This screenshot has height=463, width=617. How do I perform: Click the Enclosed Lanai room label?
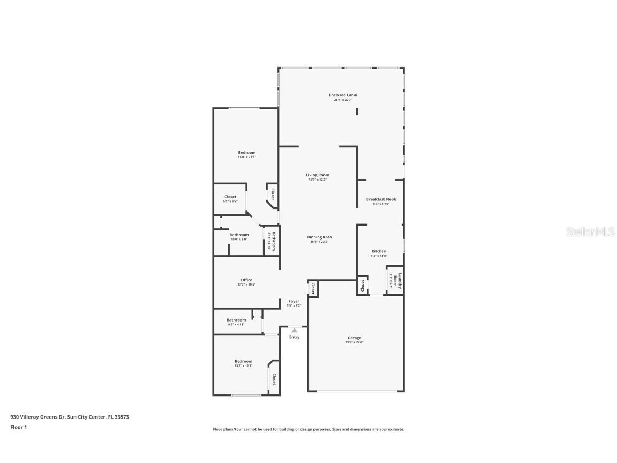tap(343, 95)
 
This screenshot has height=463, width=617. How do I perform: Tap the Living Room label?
tap(317, 175)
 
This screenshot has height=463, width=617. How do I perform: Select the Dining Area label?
tap(319, 237)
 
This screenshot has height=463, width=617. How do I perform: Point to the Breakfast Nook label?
tap(381, 199)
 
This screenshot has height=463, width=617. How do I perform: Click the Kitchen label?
tap(379, 251)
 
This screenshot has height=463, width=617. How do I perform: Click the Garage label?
tap(354, 338)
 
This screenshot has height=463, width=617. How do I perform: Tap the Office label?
tap(246, 280)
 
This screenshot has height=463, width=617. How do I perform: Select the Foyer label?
tap(294, 302)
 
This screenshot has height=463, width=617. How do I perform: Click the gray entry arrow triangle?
tap(294, 331)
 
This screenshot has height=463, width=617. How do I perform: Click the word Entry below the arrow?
tap(294, 337)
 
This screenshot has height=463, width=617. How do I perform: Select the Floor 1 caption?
tap(18, 427)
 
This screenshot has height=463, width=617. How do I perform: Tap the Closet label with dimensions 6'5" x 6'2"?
tap(230, 197)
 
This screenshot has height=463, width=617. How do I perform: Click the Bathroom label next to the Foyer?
tap(236, 320)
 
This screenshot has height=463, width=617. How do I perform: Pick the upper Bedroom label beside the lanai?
tap(246, 153)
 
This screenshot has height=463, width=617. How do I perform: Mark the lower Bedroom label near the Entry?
tap(243, 361)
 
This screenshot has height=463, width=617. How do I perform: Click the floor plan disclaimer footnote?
tap(308, 429)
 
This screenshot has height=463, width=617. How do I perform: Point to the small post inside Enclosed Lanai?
tap(357, 111)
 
